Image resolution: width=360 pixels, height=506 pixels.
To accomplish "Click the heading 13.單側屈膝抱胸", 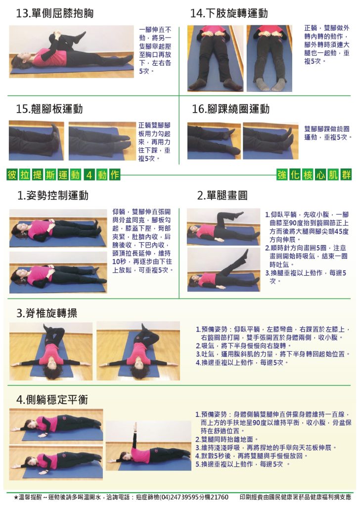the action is tap(54, 13).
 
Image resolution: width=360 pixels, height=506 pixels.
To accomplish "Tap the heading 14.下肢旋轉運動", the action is tap(229, 13).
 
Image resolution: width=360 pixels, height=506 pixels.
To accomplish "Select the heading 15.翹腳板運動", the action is tap(49, 109).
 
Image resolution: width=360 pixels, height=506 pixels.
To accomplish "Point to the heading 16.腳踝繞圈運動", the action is tap(230, 109).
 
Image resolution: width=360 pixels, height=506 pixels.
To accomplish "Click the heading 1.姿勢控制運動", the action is tap(52, 195).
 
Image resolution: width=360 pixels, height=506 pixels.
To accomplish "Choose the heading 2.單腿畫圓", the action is tap(223, 195).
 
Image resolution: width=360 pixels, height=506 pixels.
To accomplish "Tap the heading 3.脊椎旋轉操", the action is tap(47, 313).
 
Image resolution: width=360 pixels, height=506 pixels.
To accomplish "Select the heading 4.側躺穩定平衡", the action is tap(52, 400).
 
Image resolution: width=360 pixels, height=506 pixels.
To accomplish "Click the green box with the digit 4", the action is tap(89, 174).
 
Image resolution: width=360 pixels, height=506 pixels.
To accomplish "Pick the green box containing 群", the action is tap(346, 174).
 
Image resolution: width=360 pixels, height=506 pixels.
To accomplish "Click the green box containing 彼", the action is tap(12, 174).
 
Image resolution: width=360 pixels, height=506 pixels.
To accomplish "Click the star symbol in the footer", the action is tap(16, 497).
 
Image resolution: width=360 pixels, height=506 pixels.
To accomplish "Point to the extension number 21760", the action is tap(220, 497).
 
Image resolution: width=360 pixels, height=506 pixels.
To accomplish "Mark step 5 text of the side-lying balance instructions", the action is tap(242, 464).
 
